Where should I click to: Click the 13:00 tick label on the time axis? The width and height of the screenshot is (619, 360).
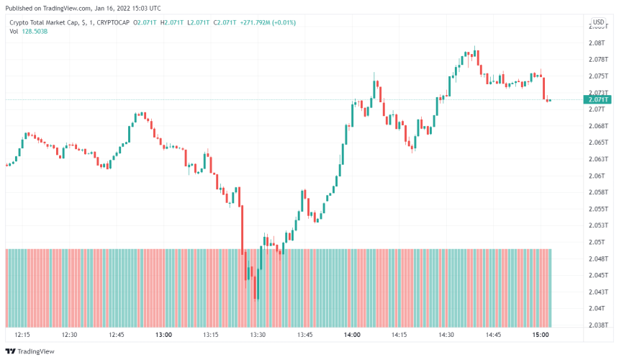coord(163,335)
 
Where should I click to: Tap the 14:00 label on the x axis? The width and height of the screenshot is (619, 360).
coord(352,335)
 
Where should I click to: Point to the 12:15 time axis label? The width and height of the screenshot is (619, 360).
coord(22,335)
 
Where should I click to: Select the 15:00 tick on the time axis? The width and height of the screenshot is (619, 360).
coord(541,335)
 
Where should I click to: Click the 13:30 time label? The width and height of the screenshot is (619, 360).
coord(258,335)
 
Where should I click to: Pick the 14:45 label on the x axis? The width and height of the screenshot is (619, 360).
coord(494,335)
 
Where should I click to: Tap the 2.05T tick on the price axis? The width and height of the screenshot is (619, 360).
coord(597,242)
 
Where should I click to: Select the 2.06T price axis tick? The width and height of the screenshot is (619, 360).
coord(597,176)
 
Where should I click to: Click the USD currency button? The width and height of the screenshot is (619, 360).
coord(598,22)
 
